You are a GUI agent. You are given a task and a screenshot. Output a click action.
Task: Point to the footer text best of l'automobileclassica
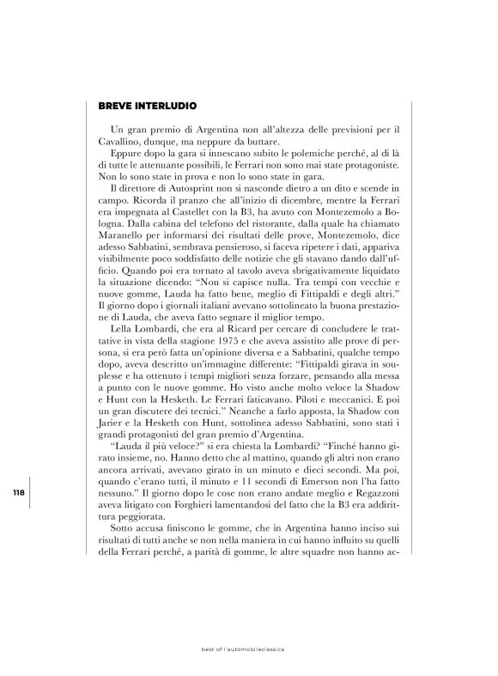coord(248,649)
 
